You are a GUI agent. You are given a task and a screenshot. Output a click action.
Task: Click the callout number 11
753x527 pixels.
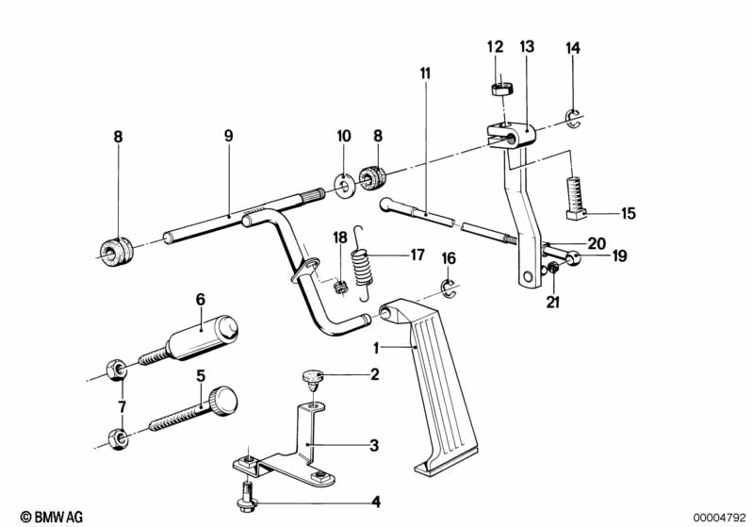425,73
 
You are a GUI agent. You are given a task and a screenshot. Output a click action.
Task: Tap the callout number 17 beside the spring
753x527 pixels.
416,254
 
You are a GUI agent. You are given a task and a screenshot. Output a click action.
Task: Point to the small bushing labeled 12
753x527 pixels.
499,90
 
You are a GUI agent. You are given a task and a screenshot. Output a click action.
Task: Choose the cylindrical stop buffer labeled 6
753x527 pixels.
203,339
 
